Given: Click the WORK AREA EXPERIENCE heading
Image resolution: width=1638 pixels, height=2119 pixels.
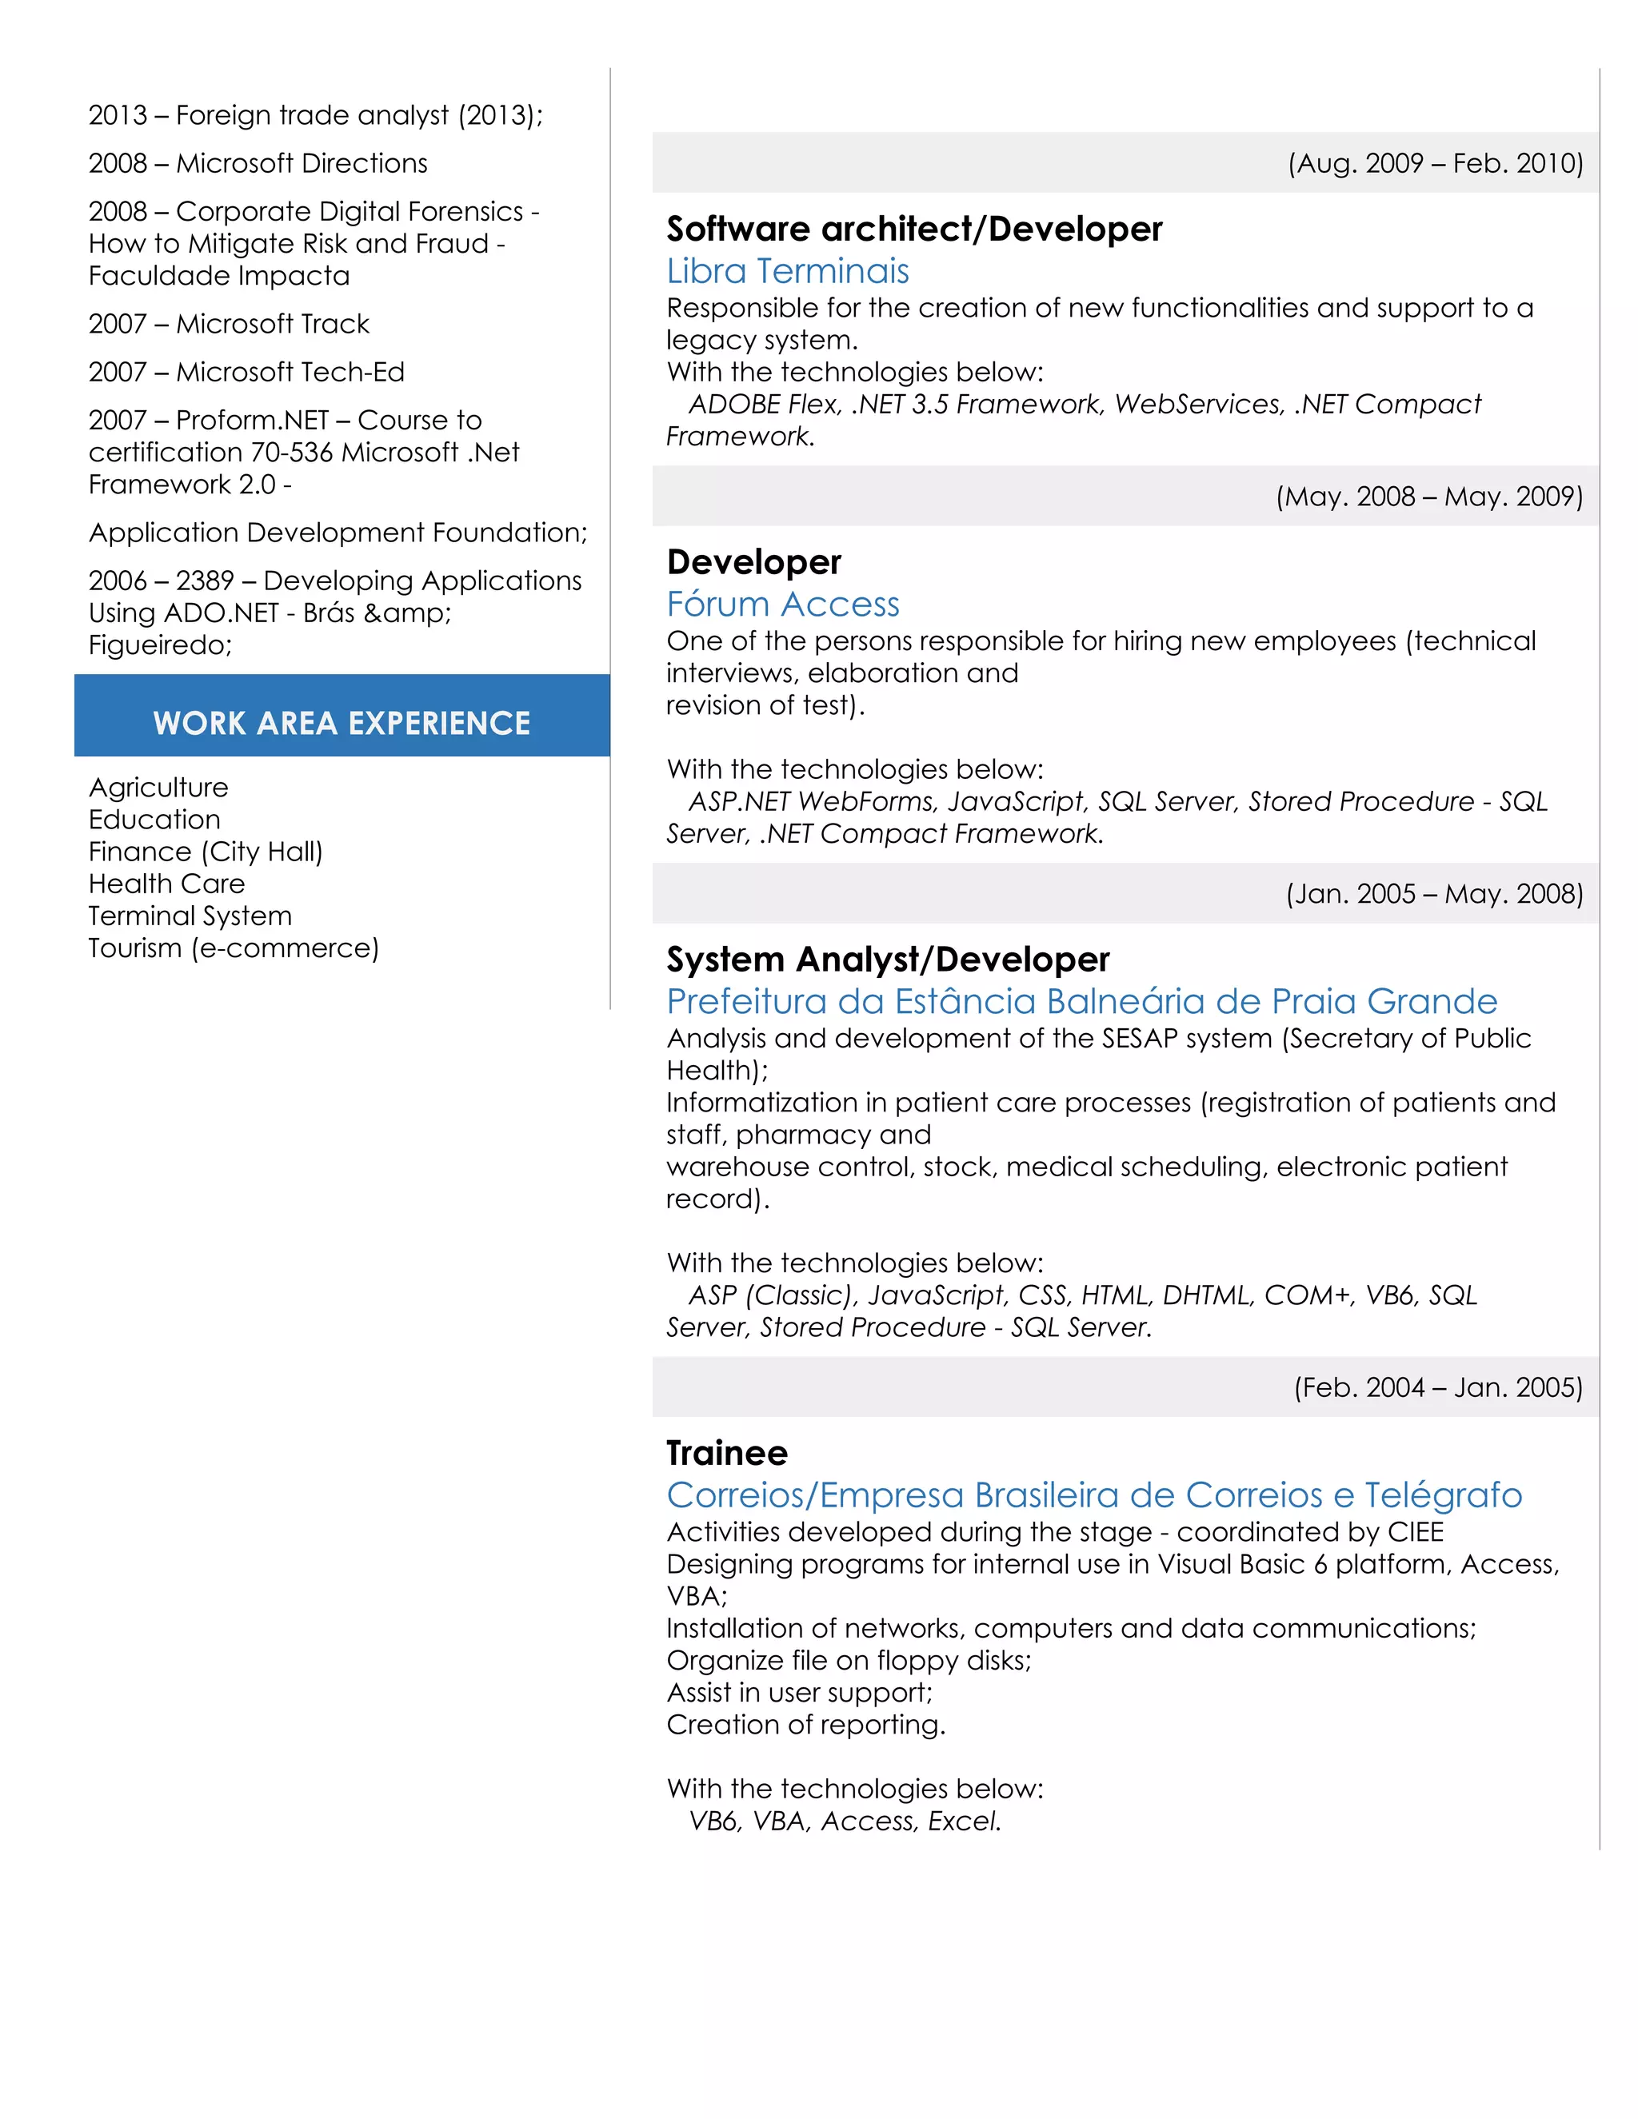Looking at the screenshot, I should [x=342, y=723].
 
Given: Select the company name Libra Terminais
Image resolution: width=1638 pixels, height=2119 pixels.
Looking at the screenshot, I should [x=787, y=271].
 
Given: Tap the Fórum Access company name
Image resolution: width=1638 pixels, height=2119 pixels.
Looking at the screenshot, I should [x=782, y=605].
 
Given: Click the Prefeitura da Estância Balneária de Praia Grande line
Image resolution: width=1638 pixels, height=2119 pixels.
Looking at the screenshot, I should [x=1081, y=1001].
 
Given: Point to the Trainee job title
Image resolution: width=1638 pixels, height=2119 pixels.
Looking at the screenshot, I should [x=727, y=1452].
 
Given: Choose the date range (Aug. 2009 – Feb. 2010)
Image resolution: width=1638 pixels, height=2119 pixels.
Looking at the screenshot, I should [x=1434, y=163].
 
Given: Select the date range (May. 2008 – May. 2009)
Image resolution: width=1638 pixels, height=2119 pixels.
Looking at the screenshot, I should [x=1428, y=497].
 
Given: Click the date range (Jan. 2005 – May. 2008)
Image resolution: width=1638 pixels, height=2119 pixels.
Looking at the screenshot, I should [x=1433, y=894].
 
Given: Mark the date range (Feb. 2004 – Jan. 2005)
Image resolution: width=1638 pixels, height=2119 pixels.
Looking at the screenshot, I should [x=1437, y=1387].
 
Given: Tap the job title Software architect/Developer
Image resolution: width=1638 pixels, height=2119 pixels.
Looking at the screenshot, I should [x=913, y=229].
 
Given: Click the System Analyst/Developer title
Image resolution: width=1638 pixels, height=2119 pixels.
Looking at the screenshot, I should [x=887, y=960].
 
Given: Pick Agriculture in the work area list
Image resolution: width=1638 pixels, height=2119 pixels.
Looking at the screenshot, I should [x=158, y=787].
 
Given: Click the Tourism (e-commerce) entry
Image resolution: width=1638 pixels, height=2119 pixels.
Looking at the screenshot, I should [x=233, y=948].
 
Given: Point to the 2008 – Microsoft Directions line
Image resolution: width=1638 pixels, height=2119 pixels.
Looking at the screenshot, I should [x=258, y=163].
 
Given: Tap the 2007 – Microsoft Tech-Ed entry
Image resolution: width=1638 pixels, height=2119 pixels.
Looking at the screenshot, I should [x=246, y=372].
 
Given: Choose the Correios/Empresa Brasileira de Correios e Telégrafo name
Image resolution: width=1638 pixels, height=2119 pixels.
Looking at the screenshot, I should [x=1093, y=1495].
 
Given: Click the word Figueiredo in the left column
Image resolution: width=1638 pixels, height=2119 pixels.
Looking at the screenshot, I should [x=159, y=645].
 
